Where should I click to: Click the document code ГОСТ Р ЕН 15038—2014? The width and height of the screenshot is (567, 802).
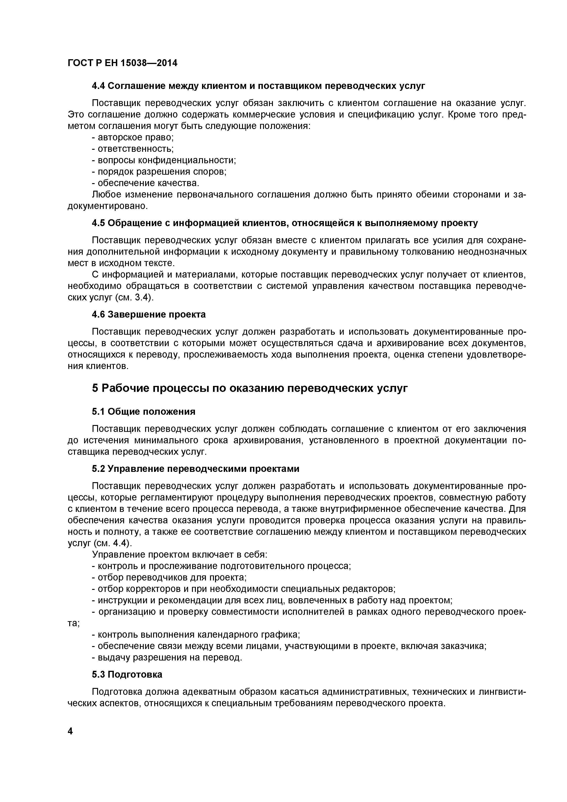click(122, 63)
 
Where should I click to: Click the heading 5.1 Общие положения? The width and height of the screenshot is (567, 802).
click(144, 412)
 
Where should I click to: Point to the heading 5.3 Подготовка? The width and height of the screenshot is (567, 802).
click(127, 674)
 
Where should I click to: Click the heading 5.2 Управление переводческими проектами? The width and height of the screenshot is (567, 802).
click(196, 468)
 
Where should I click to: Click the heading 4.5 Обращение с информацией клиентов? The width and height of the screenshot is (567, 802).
click(285, 223)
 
